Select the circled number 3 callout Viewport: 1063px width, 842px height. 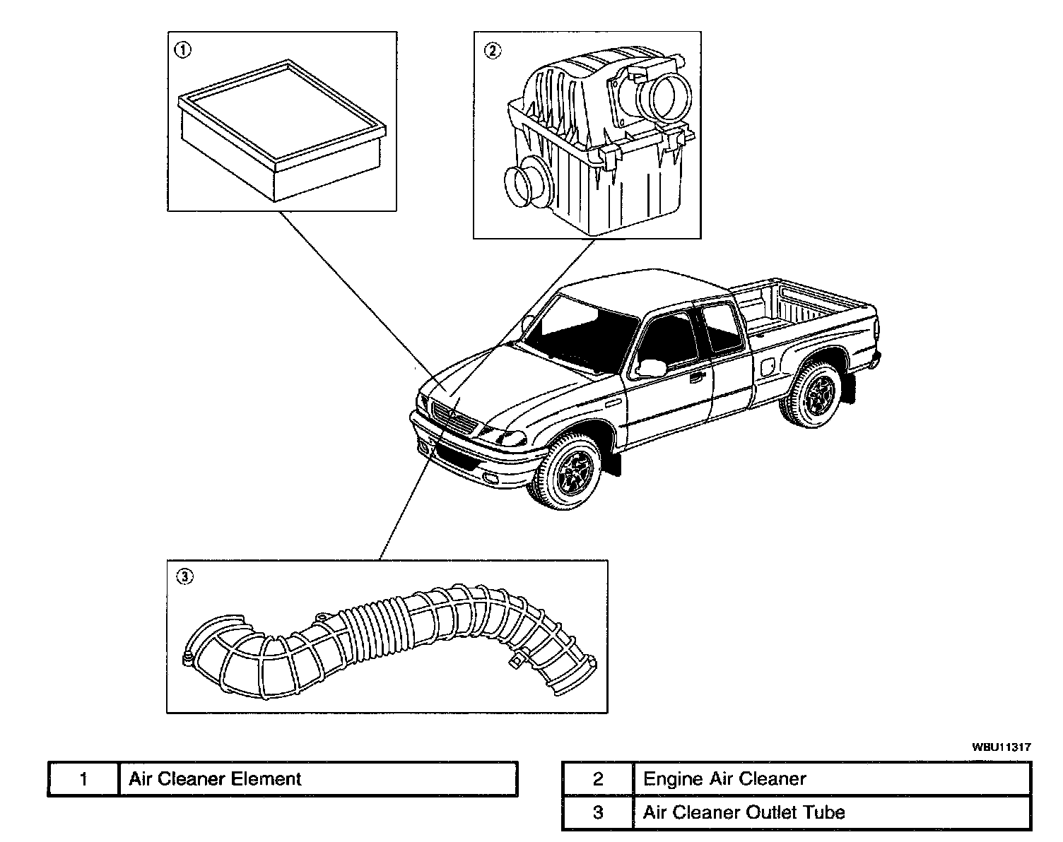[184, 577]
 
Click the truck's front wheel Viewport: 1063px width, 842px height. [568, 473]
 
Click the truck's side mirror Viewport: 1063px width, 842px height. [652, 367]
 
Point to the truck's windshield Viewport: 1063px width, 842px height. [580, 336]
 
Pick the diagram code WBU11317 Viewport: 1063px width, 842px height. [1001, 746]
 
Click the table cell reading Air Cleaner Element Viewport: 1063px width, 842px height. [318, 779]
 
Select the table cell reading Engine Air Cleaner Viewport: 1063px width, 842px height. [830, 779]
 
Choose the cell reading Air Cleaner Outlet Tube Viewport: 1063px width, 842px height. [830, 812]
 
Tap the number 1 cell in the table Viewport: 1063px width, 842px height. [83, 779]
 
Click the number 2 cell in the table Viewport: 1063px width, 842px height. [598, 779]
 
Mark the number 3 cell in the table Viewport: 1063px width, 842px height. [598, 812]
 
